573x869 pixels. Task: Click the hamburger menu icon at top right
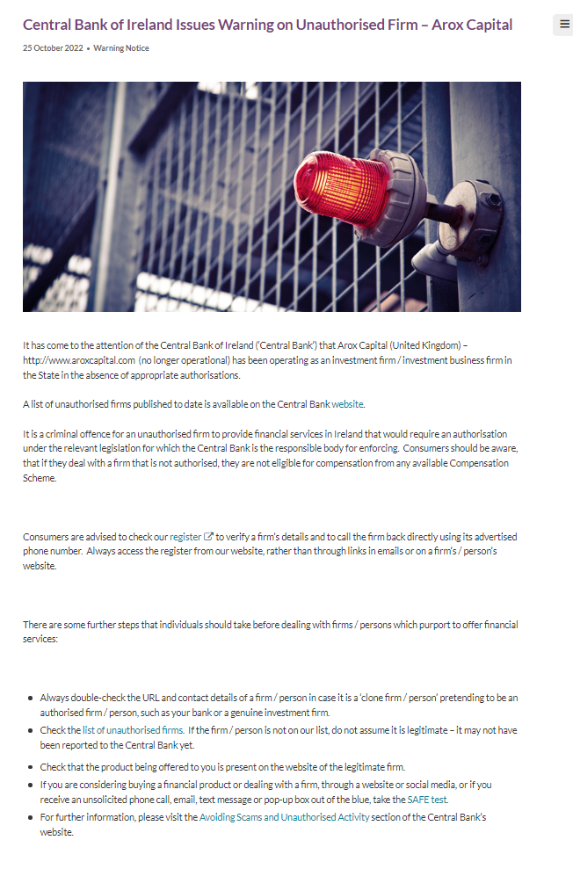[x=564, y=25]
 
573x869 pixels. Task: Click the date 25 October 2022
[x=53, y=48]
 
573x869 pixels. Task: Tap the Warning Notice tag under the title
[x=121, y=48]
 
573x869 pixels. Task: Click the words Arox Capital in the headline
[x=472, y=25]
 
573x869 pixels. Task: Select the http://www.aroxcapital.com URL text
[x=78, y=360]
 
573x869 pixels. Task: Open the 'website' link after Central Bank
[x=347, y=404]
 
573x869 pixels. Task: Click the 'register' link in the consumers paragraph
[x=185, y=536]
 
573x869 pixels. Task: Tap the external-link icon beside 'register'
[x=209, y=536]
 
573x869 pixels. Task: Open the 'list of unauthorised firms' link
[x=133, y=730]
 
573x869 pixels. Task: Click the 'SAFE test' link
[x=427, y=800]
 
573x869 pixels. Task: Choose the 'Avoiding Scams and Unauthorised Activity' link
[x=285, y=817]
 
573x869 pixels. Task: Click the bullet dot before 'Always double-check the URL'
[x=31, y=698]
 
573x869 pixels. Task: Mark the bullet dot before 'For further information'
[x=31, y=817]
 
